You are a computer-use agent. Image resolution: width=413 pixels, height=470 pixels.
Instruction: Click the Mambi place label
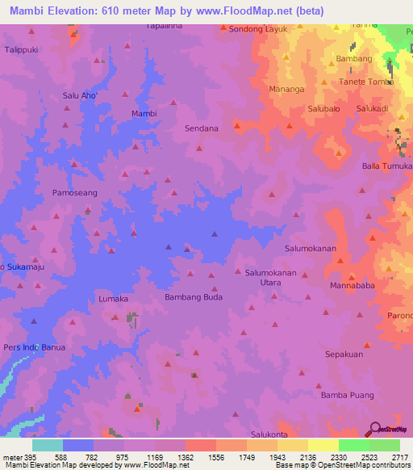[x=144, y=114]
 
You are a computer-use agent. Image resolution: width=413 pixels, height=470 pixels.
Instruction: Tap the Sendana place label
[x=202, y=128]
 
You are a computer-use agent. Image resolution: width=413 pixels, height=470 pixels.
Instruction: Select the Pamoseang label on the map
[x=74, y=193]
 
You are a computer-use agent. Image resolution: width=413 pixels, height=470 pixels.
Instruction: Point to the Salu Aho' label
[x=80, y=96]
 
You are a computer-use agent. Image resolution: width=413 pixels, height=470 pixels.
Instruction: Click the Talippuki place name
[x=23, y=48]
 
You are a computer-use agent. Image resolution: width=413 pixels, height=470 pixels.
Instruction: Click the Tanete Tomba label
[x=365, y=82]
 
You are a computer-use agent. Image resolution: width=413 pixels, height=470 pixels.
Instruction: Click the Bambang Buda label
[x=193, y=297]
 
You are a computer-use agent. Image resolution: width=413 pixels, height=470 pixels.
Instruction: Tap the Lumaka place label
[x=113, y=299]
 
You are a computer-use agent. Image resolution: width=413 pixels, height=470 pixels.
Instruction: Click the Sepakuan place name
[x=344, y=354]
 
